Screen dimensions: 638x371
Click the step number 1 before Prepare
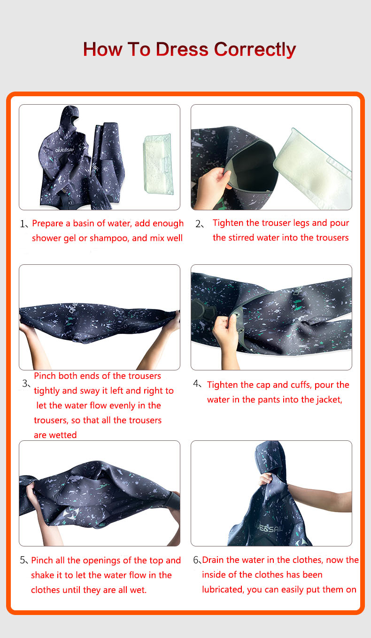24,224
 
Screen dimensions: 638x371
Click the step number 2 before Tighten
198,224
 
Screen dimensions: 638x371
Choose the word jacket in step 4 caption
328,400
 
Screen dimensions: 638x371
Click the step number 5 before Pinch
23,561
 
